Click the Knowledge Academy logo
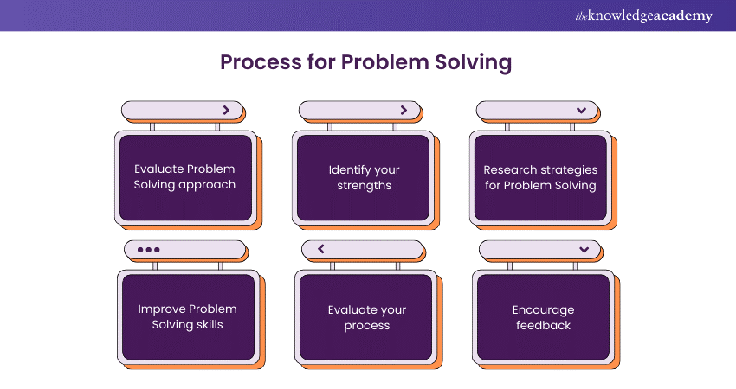(643, 16)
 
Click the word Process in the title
(261, 62)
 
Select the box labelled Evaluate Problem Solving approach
(186, 177)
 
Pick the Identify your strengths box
(364, 177)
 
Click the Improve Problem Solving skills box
(188, 317)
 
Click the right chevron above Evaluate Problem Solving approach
(226, 110)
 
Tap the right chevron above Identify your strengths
(404, 110)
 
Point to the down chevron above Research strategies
(582, 111)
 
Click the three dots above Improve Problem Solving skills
(148, 249)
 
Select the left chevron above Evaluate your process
(321, 249)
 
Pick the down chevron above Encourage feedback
(584, 250)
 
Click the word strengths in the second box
(364, 186)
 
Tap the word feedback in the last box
(543, 325)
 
